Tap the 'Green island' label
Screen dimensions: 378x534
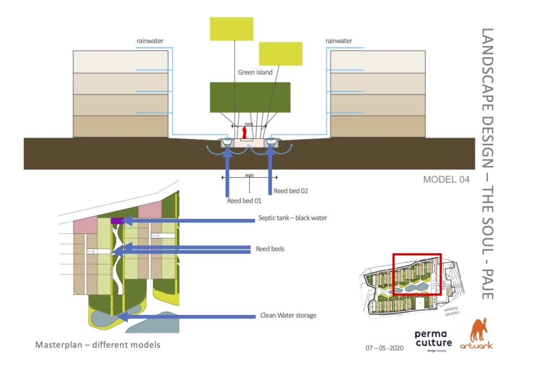pyautogui.click(x=255, y=73)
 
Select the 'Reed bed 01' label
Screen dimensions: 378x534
pyautogui.click(x=244, y=200)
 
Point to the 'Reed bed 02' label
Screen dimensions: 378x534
pyautogui.click(x=290, y=191)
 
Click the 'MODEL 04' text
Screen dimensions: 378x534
pyautogui.click(x=446, y=180)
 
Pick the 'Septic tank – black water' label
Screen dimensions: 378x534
pyautogui.click(x=293, y=218)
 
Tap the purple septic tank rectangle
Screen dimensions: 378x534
pyautogui.click(x=117, y=221)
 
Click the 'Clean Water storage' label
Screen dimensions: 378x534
pyautogui.click(x=288, y=315)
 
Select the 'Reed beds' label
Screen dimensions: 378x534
pyautogui.click(x=270, y=249)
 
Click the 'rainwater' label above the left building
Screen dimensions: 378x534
pyautogui.click(x=150, y=41)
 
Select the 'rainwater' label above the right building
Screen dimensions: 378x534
pyautogui.click(x=338, y=41)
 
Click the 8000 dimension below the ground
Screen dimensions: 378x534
pyautogui.click(x=250, y=176)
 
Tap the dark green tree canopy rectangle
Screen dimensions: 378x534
pyautogui.click(x=250, y=97)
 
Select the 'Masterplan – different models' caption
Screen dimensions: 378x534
pyautogui.click(x=98, y=345)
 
